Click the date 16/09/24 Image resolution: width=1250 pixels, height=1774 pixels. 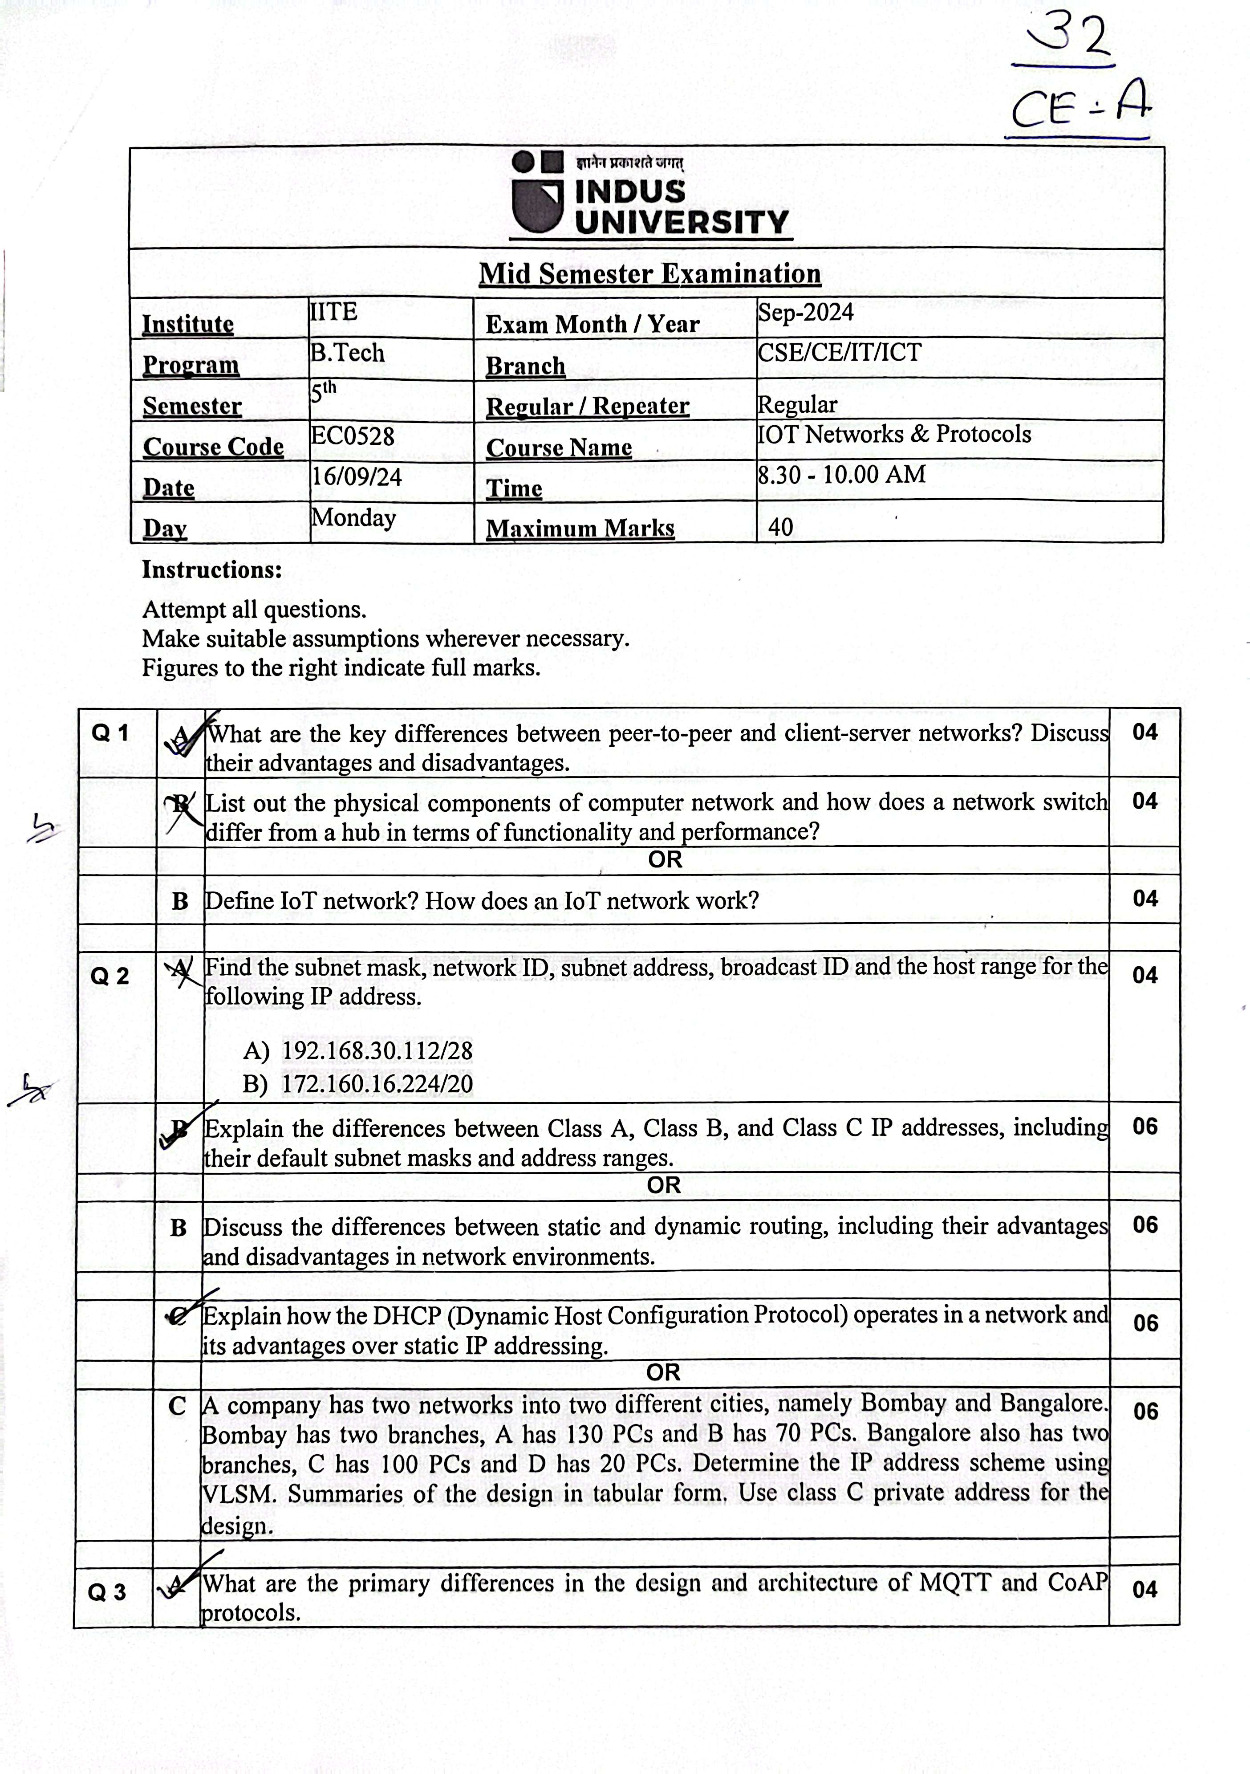click(x=356, y=477)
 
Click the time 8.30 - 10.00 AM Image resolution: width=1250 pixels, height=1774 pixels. click(x=841, y=474)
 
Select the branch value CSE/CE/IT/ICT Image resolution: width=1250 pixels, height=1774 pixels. click(x=839, y=352)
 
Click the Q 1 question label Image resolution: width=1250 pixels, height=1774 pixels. click(x=110, y=732)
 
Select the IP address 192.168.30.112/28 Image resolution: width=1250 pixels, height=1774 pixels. click(x=377, y=1051)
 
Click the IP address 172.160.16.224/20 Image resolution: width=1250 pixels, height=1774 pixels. click(x=377, y=1084)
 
